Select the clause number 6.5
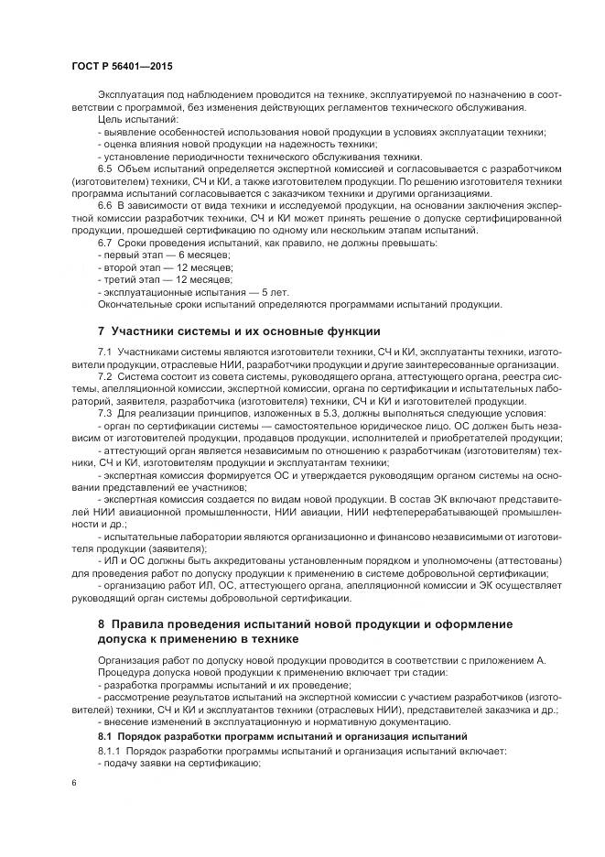(106, 170)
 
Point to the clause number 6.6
(106, 206)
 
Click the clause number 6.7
(106, 243)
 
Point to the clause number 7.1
(106, 352)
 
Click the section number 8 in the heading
(103, 624)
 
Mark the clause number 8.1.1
(110, 752)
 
